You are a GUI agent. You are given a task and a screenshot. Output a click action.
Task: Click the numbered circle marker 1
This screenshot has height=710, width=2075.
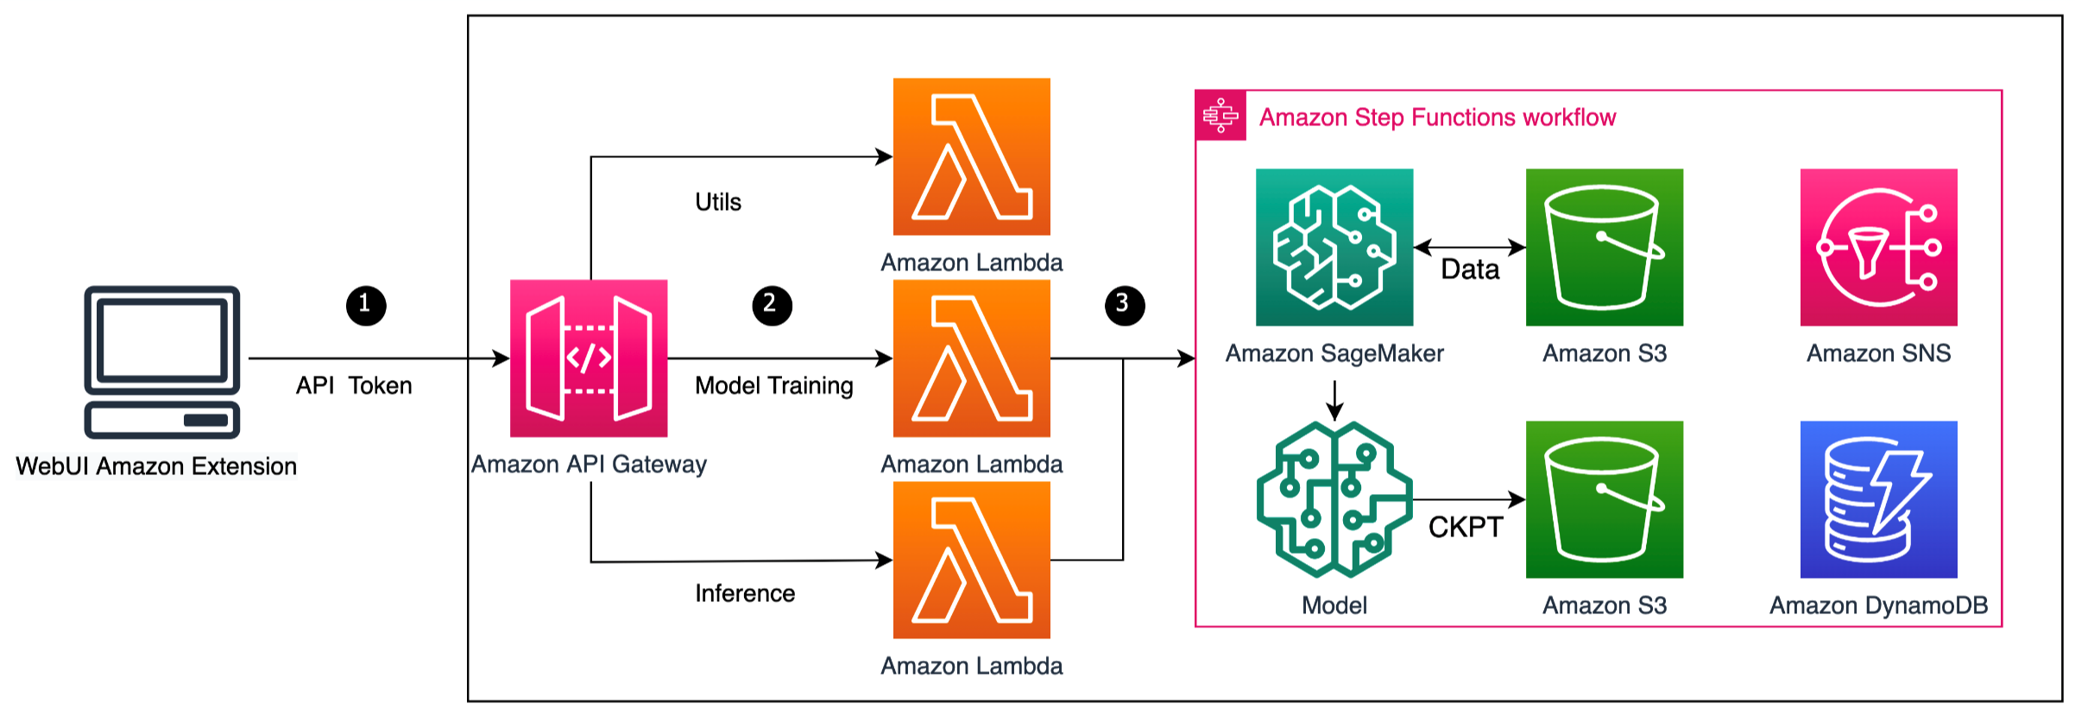[366, 305]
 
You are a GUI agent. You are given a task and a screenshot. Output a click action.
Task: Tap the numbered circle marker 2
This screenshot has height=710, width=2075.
[772, 305]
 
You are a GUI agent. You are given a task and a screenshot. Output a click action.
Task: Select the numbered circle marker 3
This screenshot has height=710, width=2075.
[1125, 305]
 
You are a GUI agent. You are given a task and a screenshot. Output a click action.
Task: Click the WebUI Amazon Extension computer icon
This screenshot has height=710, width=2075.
[162, 362]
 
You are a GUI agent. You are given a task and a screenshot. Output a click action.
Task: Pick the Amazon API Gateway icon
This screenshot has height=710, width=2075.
[589, 358]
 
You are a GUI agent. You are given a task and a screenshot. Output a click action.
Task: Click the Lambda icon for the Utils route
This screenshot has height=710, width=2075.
[971, 156]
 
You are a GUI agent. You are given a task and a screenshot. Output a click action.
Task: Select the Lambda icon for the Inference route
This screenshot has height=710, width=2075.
[971, 560]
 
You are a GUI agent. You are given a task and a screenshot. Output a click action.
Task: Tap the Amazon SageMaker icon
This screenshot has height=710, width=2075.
[1334, 247]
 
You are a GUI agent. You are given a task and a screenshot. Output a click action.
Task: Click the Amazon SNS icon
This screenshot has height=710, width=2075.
[1878, 247]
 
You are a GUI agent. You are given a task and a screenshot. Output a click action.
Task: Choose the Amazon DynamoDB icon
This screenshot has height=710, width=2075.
[1878, 499]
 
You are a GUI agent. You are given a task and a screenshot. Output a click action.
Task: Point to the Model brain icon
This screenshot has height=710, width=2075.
[1334, 499]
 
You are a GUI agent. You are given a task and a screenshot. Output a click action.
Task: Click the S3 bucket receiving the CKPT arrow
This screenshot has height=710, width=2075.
[1604, 499]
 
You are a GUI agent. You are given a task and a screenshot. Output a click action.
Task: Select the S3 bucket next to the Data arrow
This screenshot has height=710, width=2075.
[1604, 247]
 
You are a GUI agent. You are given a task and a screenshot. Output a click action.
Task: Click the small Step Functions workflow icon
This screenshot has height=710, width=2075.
[1220, 115]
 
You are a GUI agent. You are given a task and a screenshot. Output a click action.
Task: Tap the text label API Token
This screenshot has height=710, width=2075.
[354, 385]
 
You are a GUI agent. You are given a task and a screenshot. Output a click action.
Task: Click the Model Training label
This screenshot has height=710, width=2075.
[773, 385]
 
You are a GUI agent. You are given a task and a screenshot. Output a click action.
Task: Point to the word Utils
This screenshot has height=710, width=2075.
[718, 202]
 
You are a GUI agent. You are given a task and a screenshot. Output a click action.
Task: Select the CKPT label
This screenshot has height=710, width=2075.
[1465, 527]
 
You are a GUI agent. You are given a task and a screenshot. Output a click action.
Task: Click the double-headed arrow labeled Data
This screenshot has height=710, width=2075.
[1469, 248]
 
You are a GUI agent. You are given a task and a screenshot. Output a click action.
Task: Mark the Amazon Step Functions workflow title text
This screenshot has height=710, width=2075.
[1437, 117]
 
